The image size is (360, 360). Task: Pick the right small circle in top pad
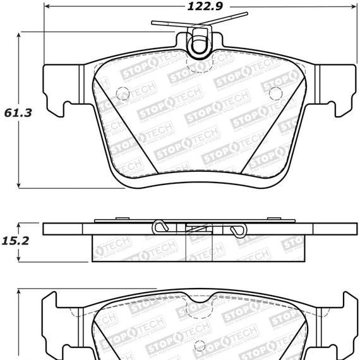[275, 93]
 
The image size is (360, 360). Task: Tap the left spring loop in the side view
[162, 225]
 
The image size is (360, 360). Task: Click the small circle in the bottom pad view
[200, 345]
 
